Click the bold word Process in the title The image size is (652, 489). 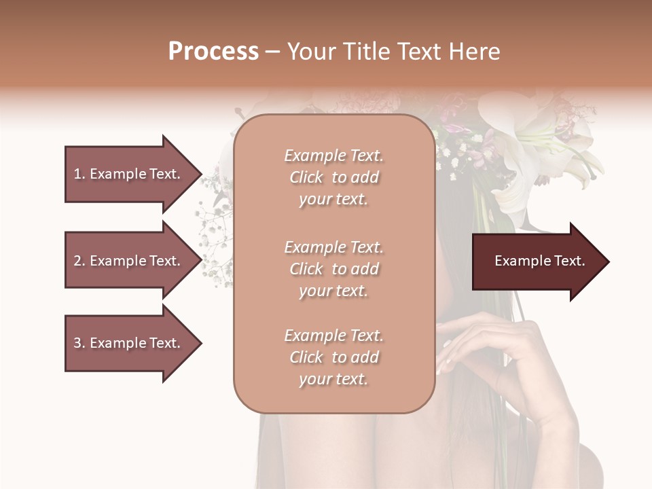coord(213,52)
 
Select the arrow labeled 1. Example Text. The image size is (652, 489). coord(129,174)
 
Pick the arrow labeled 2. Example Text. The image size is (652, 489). coord(129,261)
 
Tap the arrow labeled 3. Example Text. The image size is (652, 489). coord(129,343)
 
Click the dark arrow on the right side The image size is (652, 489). coord(537,261)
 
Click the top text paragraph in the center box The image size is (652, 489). coord(333,177)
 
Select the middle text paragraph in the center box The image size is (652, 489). coord(333,269)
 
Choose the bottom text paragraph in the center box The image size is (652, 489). coord(333,357)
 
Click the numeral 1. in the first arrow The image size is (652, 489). coord(79,174)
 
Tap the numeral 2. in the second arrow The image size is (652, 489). coord(79,261)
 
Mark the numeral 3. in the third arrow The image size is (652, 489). coord(79,343)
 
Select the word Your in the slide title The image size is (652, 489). coord(308,52)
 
